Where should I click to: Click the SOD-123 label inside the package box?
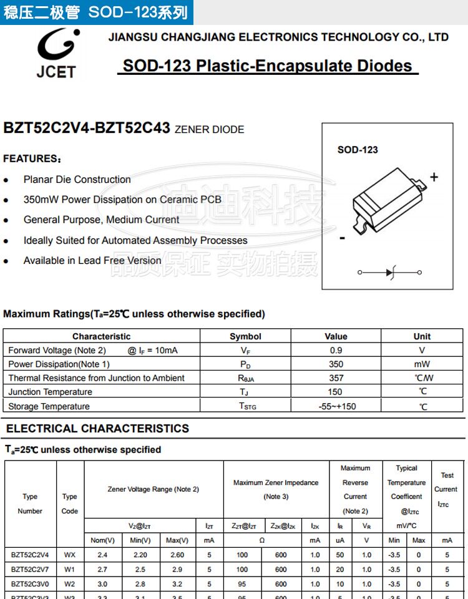[x=358, y=150]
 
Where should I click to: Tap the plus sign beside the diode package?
[x=434, y=177]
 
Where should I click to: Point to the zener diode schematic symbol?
[x=390, y=272]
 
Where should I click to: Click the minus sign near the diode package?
[x=342, y=238]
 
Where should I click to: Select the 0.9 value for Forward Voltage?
[x=336, y=351]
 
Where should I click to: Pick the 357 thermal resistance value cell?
[x=336, y=378]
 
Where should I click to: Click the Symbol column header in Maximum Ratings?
[x=245, y=336]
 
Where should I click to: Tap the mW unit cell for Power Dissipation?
[x=422, y=364]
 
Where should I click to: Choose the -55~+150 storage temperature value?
[x=336, y=406]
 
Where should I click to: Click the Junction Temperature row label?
[x=50, y=392]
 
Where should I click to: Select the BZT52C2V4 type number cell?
[x=30, y=554]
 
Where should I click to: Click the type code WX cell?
[x=70, y=554]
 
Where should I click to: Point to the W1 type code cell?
[x=70, y=569]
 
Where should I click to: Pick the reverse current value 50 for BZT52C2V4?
[x=340, y=554]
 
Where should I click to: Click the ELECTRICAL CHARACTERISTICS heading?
[x=97, y=429]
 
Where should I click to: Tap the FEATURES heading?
[x=32, y=158]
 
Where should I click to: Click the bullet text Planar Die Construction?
[x=77, y=180]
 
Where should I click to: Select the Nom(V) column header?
[x=102, y=540]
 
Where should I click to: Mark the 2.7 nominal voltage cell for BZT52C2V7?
[x=102, y=569]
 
